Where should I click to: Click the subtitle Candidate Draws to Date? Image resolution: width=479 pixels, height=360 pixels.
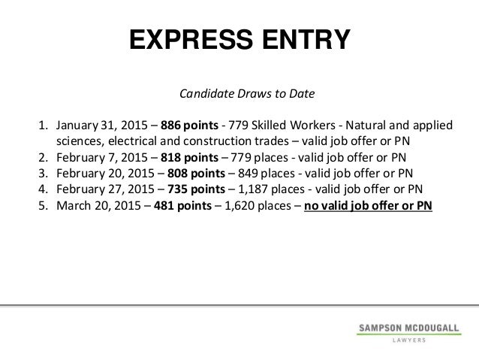[239, 96]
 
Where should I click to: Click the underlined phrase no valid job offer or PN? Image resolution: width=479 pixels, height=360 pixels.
[368, 205]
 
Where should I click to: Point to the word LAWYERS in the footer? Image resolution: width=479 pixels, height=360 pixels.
[406, 340]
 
